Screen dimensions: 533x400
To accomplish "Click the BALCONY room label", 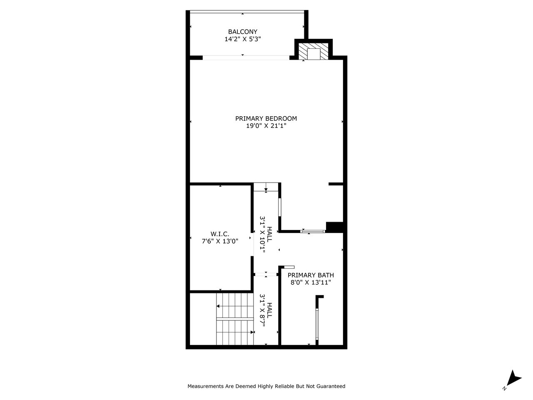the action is pyautogui.click(x=242, y=32).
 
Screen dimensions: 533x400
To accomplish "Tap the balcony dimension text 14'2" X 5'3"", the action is pyautogui.click(x=242, y=39).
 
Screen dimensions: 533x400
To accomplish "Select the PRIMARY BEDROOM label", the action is pyautogui.click(x=266, y=118).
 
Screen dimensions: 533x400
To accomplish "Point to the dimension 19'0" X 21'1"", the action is pyautogui.click(x=266, y=126).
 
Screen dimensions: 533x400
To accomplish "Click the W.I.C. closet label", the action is pyautogui.click(x=220, y=234).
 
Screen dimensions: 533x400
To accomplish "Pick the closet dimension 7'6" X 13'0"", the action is pyautogui.click(x=220, y=241).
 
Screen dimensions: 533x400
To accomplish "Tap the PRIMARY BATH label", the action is pyautogui.click(x=311, y=275).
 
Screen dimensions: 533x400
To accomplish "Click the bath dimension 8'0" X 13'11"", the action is pyautogui.click(x=311, y=282).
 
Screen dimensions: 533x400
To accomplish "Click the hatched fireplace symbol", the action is pyautogui.click(x=313, y=52).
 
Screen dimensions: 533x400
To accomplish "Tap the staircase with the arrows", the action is pyautogui.click(x=235, y=319).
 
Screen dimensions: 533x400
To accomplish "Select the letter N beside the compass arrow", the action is pyautogui.click(x=505, y=388).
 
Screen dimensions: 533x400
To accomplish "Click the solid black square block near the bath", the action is pyautogui.click(x=334, y=227).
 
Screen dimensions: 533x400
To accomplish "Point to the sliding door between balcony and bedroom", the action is pyautogui.click(x=246, y=58).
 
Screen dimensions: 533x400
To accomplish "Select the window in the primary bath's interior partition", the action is pyautogui.click(x=317, y=325).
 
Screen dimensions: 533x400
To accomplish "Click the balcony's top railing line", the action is pyautogui.click(x=247, y=11).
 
